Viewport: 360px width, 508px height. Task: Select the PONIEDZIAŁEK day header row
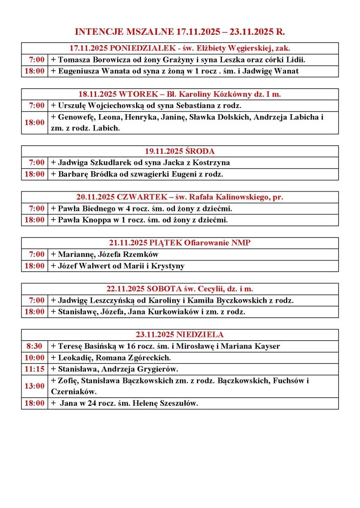coord(180,48)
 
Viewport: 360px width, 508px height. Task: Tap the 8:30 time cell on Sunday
coord(34,346)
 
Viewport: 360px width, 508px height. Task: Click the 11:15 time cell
coord(34,369)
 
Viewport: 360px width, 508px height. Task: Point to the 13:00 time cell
coord(34,386)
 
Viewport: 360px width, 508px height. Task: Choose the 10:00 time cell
coord(34,358)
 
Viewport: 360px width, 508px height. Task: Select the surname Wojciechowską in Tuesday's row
coord(116,106)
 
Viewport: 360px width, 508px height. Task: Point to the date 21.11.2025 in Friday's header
coord(128,243)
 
